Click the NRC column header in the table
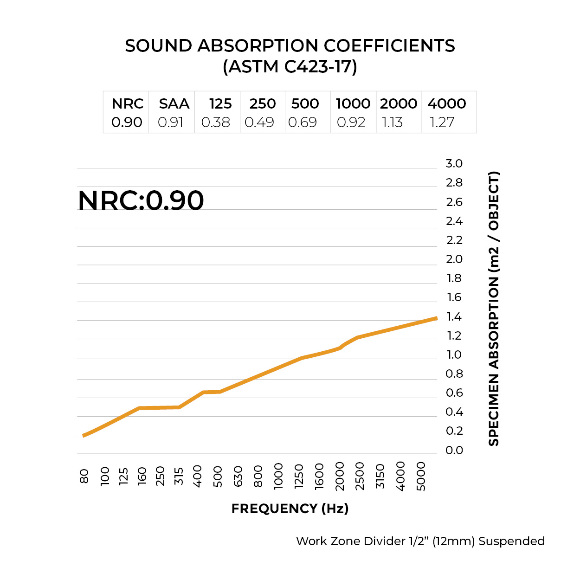click(128, 103)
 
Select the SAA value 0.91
click(171, 122)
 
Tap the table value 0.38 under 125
click(216, 122)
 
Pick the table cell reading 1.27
click(442, 122)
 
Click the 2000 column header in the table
click(399, 103)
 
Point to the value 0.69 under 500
click(303, 122)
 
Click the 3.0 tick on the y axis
click(454, 164)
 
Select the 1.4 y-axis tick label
click(454, 317)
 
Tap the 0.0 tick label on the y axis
click(454, 451)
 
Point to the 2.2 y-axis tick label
click(454, 240)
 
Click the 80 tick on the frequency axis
click(84, 476)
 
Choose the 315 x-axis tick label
click(179, 476)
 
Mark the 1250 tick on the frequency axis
click(299, 476)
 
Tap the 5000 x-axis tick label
click(421, 476)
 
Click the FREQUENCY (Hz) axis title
click(290, 509)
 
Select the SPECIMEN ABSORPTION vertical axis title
click(494, 309)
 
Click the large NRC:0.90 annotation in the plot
click(141, 200)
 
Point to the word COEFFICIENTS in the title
click(389, 46)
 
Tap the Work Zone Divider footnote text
click(420, 541)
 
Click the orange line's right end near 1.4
click(435, 319)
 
